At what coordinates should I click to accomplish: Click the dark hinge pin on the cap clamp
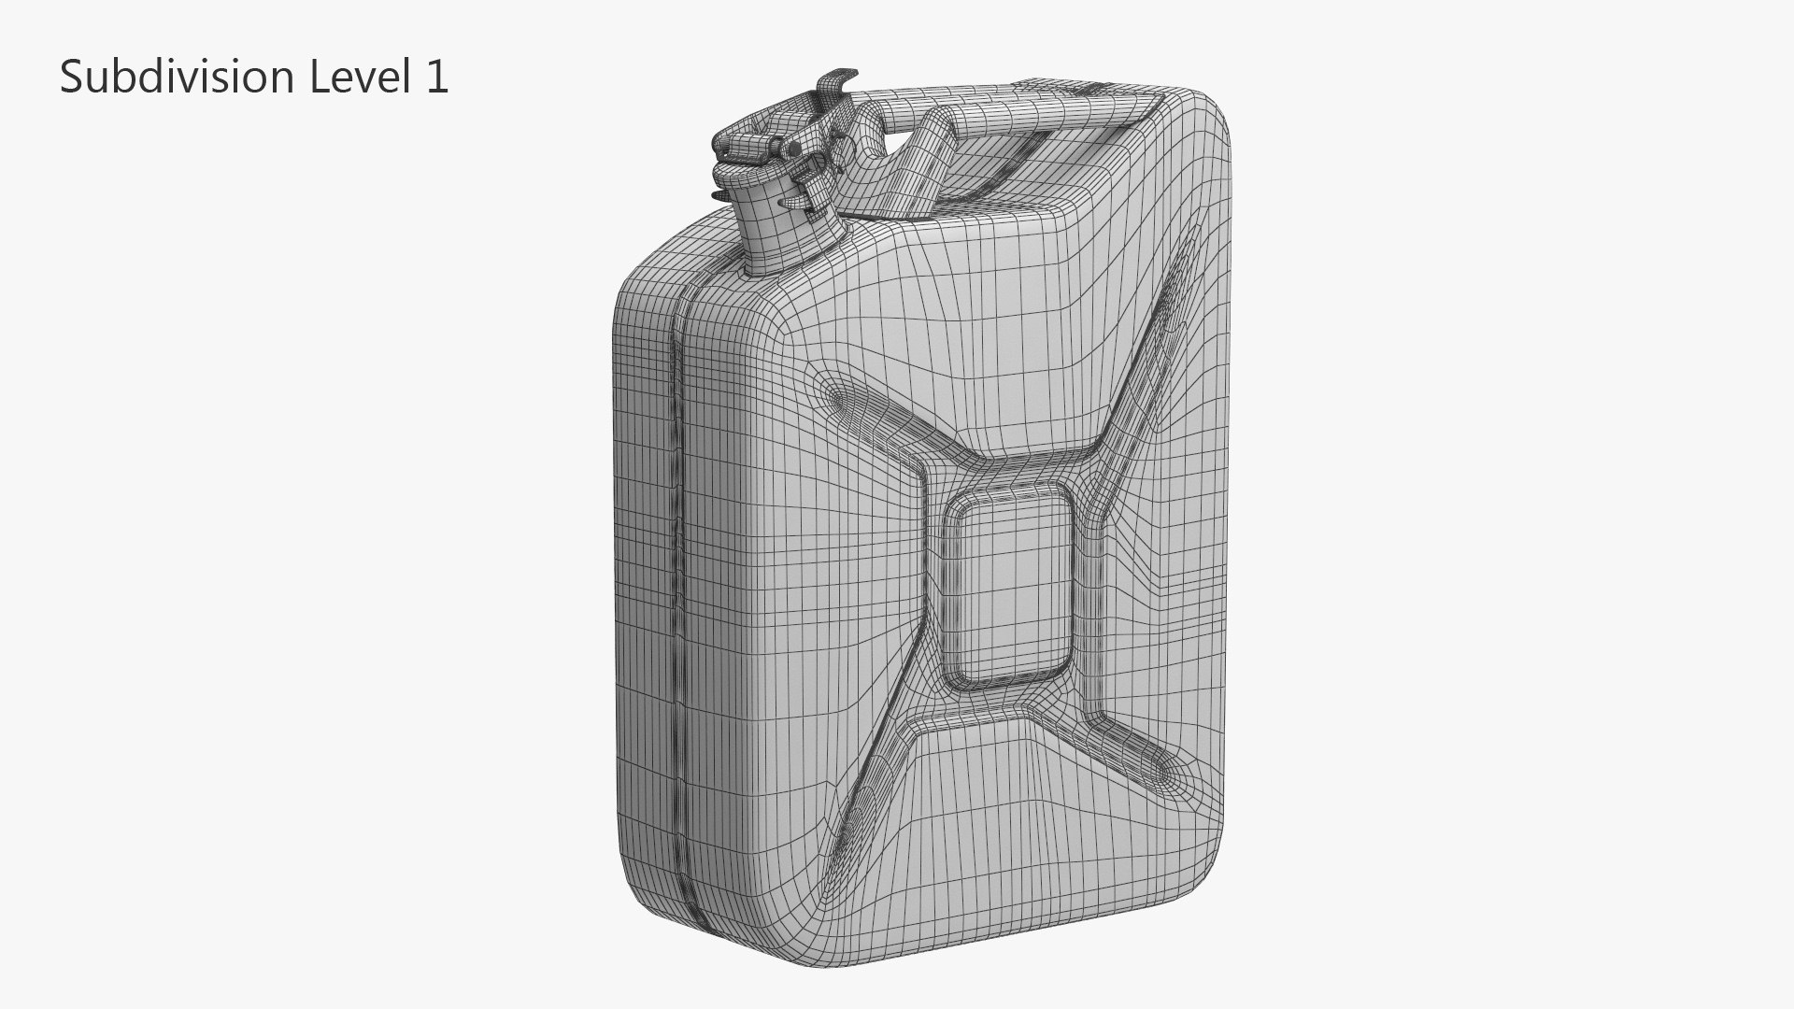tap(793, 149)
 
